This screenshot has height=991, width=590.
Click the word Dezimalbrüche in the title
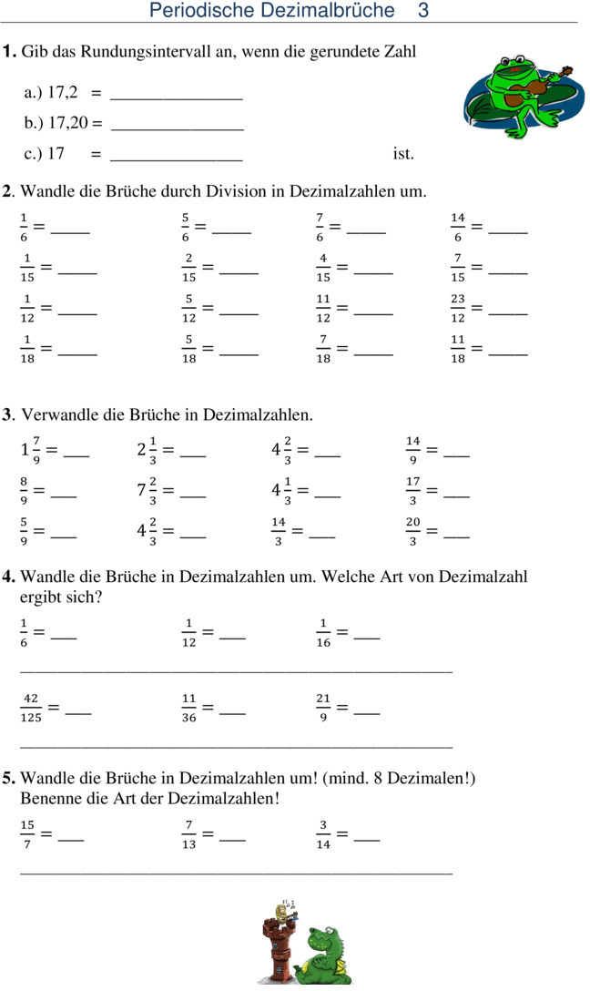[336, 11]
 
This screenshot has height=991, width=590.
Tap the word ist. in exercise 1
[403, 153]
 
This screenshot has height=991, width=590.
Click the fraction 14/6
[457, 228]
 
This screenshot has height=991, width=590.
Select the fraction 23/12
[457, 310]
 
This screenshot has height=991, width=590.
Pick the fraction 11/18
[457, 351]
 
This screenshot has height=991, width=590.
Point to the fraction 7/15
[457, 269]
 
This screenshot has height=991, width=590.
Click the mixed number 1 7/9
[30, 449]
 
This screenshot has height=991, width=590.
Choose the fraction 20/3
[413, 531]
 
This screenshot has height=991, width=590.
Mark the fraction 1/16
[323, 632]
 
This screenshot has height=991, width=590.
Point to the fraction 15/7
[27, 833]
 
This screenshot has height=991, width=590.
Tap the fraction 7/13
[188, 833]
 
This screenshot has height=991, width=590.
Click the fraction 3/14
[323, 833]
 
